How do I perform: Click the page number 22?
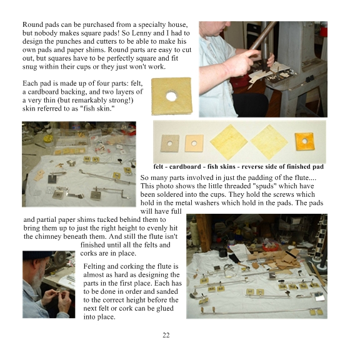166,335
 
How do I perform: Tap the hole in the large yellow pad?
171,96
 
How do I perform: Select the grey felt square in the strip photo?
169,144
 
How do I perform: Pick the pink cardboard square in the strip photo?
194,144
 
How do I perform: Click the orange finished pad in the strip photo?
304,141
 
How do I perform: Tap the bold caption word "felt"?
159,167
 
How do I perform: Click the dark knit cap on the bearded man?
37,255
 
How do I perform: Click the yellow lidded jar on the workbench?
48,140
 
